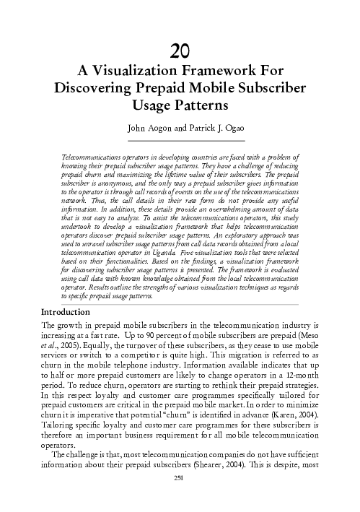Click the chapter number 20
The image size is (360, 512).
click(180, 51)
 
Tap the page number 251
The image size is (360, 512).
click(180, 498)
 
